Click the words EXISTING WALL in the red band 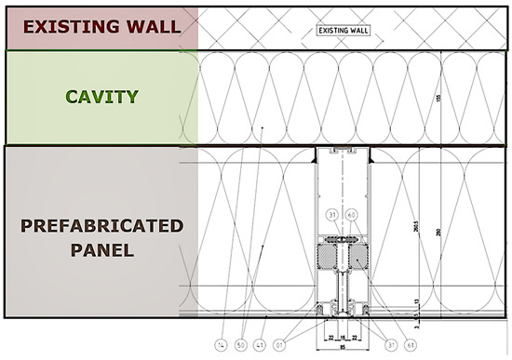101,25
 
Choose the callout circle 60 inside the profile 351,216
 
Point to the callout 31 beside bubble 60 331,216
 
